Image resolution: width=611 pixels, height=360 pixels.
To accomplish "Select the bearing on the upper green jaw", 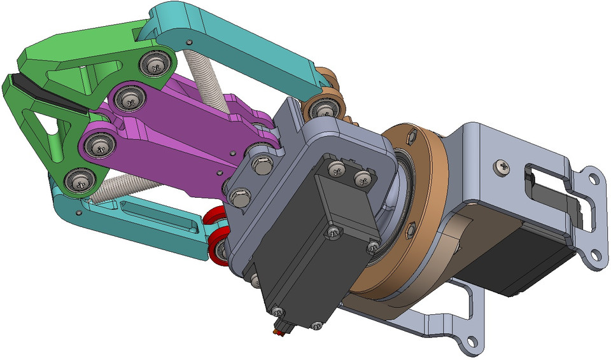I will pyautogui.click(x=154, y=63).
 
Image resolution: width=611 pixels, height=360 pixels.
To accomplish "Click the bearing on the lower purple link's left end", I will pyautogui.click(x=98, y=146).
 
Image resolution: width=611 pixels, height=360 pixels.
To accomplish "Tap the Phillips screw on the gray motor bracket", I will pyautogui.click(x=502, y=167).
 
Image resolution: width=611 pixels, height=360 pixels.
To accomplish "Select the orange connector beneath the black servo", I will pyautogui.click(x=279, y=329).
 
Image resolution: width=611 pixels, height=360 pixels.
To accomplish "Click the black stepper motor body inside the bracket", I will pyautogui.click(x=522, y=261).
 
